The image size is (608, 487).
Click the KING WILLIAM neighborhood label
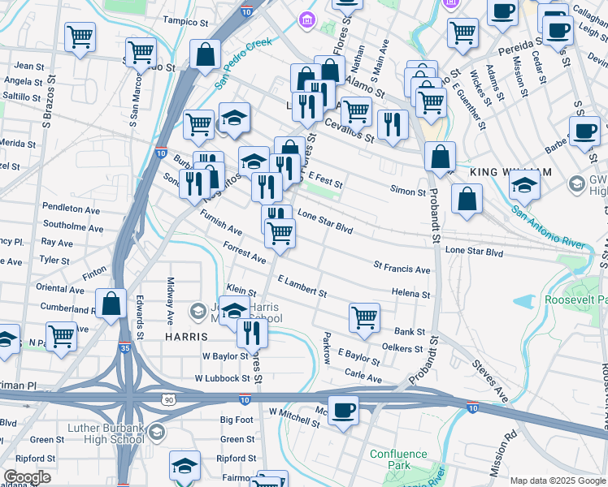pyautogui.click(x=510, y=173)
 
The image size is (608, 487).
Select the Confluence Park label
pyautogui.click(x=398, y=460)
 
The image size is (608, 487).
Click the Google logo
pyautogui.click(x=27, y=477)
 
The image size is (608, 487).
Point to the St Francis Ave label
pyautogui.click(x=402, y=268)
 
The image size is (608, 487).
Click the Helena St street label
pyautogui.click(x=410, y=293)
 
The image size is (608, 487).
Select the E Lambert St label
pyautogui.click(x=302, y=286)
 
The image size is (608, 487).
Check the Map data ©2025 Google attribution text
pyautogui.click(x=558, y=481)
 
